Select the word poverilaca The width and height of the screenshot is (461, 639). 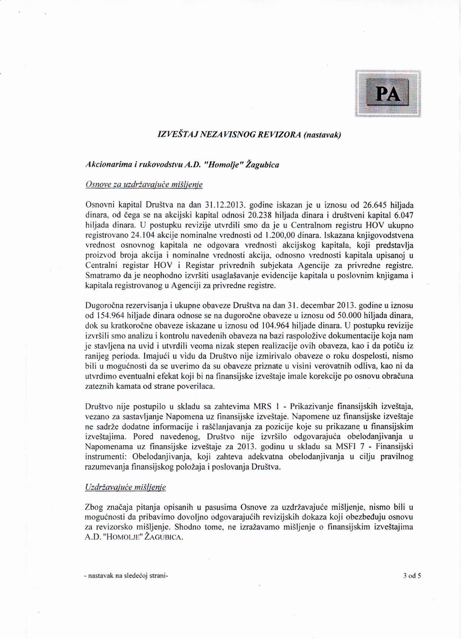pos(196,387)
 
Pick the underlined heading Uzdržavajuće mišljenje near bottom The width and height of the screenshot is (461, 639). pos(125,487)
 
